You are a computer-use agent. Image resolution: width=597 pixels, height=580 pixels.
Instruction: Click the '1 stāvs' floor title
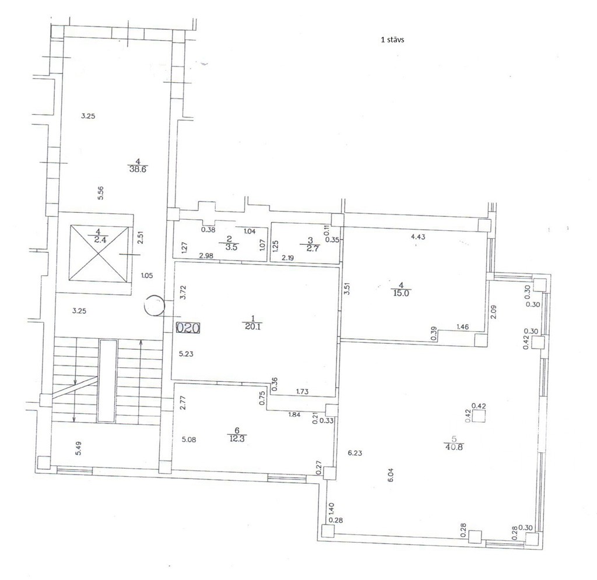392,40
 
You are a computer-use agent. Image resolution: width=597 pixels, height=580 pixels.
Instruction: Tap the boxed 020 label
188,328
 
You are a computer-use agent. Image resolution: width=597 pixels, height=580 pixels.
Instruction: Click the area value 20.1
253,326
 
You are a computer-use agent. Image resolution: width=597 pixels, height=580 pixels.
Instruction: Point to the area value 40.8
453,447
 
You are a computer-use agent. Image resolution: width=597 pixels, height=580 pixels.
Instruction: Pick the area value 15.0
401,293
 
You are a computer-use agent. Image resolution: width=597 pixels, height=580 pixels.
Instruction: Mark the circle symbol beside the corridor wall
154,305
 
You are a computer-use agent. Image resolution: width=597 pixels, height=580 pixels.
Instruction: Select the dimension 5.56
101,192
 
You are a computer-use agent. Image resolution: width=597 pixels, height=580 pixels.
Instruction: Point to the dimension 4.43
418,236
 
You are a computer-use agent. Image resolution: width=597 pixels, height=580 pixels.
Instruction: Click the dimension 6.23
355,453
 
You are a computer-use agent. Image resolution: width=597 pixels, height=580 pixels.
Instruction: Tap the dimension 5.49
79,448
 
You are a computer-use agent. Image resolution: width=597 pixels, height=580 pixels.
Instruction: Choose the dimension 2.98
206,256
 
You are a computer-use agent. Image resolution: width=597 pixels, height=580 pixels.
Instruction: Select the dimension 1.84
294,414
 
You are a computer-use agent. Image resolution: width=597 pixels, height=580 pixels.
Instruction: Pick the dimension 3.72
183,293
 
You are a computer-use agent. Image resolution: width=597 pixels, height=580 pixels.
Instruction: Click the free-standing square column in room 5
479,416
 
